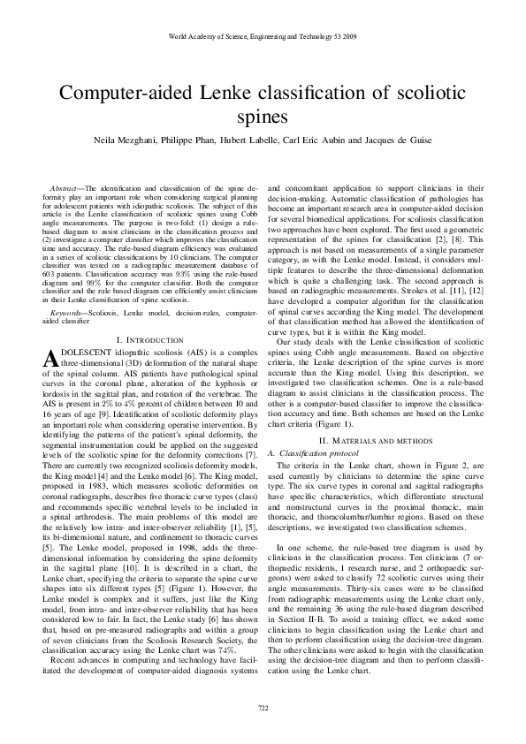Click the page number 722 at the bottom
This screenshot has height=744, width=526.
click(x=263, y=708)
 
